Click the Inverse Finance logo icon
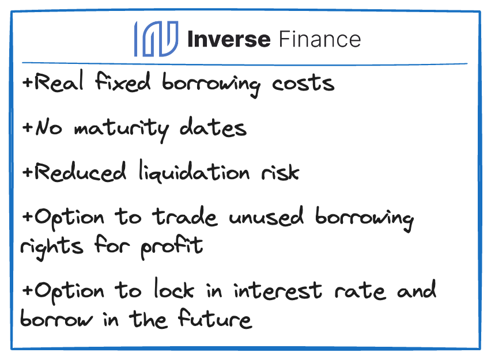pyautogui.click(x=157, y=39)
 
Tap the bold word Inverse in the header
pyautogui.click(x=229, y=39)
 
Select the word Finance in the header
pyautogui.click(x=320, y=39)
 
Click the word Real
pyautogui.click(x=59, y=81)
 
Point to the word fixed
pyautogui.click(x=123, y=81)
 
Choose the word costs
pyautogui.click(x=303, y=84)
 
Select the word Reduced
pyautogui.click(x=80, y=172)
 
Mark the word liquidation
pyautogui.click(x=194, y=171)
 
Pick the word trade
pyautogui.click(x=185, y=216)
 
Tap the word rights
pyautogui.click(x=52, y=247)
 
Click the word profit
pyautogui.click(x=172, y=247)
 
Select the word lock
pyautogui.click(x=174, y=289)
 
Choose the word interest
pyautogui.click(x=278, y=290)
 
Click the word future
pyautogui.click(x=215, y=318)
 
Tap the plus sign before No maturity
pyautogui.click(x=28, y=127)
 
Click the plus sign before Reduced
pyautogui.click(x=28, y=172)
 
